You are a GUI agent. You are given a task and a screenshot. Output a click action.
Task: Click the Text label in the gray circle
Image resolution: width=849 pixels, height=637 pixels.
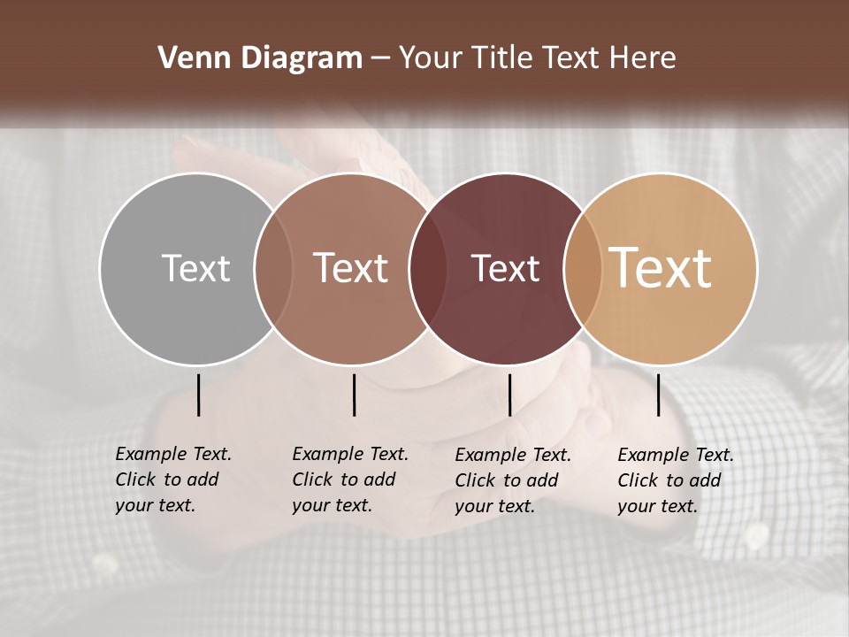195,268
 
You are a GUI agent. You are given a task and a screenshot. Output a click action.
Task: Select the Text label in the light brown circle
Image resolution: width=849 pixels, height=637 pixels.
351,268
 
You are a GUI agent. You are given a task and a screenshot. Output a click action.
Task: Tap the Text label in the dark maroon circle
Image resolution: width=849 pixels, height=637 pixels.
505,268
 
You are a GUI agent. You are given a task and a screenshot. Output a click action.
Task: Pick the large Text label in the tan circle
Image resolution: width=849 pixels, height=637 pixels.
661,268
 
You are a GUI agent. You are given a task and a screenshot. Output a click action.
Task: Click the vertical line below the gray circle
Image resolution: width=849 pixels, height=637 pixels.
199,395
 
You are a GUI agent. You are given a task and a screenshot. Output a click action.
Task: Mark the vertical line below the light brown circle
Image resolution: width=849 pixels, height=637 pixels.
354,395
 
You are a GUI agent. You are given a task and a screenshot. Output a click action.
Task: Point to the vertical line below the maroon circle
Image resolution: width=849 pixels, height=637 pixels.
509,395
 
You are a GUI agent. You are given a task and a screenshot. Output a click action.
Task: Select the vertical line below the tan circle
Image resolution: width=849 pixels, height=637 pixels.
659,395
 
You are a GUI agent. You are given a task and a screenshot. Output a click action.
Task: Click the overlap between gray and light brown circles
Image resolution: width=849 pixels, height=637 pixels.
273,268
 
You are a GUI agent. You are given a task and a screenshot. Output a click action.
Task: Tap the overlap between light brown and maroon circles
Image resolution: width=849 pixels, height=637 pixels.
428,268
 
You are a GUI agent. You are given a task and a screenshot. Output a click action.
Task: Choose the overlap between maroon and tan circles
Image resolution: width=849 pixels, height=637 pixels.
581,268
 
